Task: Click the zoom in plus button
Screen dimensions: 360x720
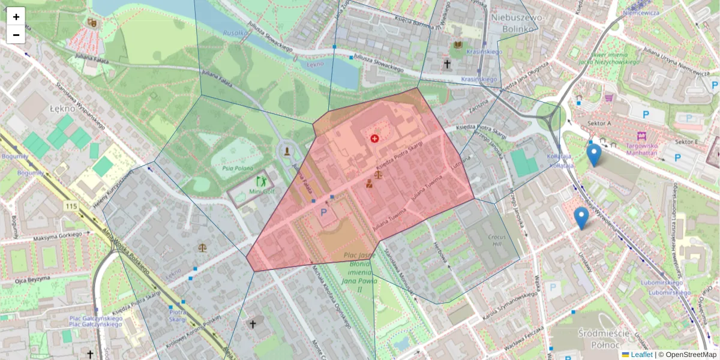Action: click(x=16, y=17)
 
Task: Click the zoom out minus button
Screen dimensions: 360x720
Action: click(x=16, y=35)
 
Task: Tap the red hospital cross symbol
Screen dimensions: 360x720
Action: click(x=375, y=139)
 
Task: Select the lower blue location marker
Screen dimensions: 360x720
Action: click(x=581, y=217)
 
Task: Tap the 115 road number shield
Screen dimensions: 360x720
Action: click(x=72, y=206)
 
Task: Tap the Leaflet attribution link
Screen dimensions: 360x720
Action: click(x=641, y=355)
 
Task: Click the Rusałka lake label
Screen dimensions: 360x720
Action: click(x=235, y=34)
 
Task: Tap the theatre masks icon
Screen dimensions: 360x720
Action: click(x=92, y=22)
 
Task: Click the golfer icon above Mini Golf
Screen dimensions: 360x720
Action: click(x=262, y=180)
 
